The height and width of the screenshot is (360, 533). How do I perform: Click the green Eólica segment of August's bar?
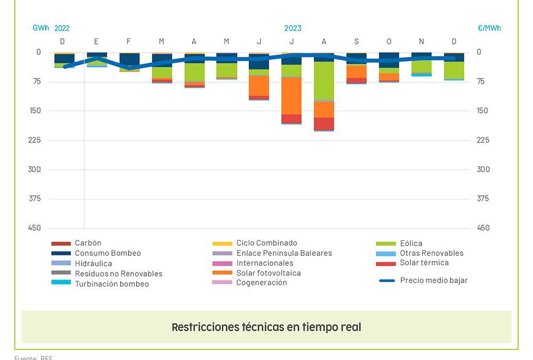(x=324, y=80)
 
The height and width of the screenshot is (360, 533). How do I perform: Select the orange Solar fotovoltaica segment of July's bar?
(x=292, y=95)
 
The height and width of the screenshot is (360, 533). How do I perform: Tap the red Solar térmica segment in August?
(x=324, y=123)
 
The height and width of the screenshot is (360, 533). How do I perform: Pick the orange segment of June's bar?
(x=259, y=85)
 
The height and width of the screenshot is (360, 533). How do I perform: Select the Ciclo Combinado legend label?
(x=266, y=243)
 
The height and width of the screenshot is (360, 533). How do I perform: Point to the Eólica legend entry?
(x=411, y=244)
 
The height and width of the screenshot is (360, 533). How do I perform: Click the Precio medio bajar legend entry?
(x=433, y=281)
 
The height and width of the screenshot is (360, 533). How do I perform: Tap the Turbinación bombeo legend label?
(x=111, y=284)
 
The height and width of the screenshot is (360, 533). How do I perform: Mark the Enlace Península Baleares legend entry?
(x=284, y=253)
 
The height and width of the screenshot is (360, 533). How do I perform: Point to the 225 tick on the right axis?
(x=483, y=140)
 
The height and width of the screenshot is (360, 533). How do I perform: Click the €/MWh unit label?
(x=489, y=28)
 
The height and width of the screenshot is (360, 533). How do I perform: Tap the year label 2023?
(x=293, y=28)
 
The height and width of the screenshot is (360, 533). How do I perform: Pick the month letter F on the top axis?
(x=129, y=42)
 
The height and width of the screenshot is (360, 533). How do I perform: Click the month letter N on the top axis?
(x=422, y=42)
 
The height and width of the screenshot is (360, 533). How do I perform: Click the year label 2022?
(x=62, y=28)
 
